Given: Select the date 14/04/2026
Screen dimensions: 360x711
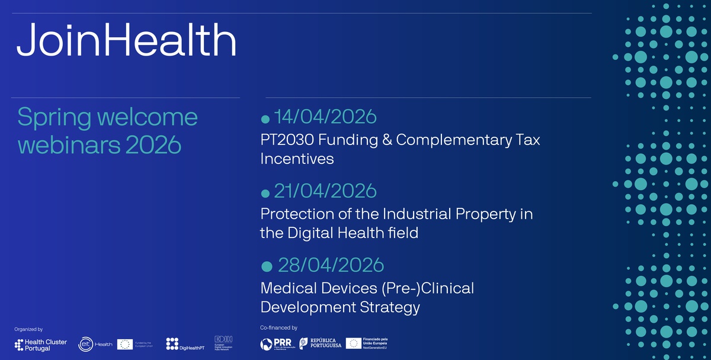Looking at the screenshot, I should coord(325,117).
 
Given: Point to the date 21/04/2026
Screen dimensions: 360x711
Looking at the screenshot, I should coord(325,191).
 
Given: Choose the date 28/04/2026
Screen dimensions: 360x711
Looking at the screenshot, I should coord(331,264).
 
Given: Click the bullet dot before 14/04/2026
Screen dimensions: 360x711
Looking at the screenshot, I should coord(265,120).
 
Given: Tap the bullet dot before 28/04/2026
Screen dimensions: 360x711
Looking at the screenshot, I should coord(267,266).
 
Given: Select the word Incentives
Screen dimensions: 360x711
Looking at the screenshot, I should coord(297,159).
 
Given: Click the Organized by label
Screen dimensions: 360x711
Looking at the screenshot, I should coord(28,329).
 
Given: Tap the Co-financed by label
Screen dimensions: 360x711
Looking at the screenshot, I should coord(278,327).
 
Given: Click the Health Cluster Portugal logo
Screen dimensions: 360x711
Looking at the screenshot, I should coord(40,345).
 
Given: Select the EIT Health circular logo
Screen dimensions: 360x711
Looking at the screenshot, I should coord(86,345).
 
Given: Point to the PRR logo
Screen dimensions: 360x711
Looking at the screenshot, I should coord(277,344).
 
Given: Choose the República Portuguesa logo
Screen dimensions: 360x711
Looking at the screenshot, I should coord(319,344).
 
